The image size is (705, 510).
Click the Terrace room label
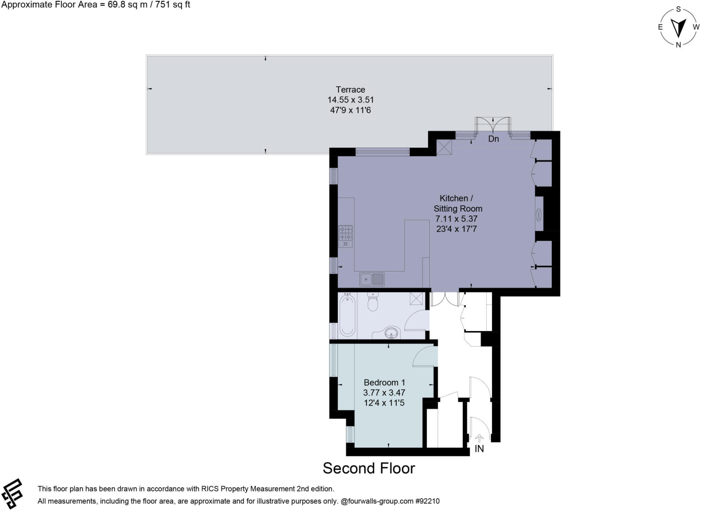[x=350, y=89]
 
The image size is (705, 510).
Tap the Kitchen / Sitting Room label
[x=457, y=203]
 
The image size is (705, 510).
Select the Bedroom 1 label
[x=384, y=382]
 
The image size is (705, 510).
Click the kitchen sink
[x=372, y=279]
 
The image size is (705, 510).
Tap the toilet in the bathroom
[x=373, y=301]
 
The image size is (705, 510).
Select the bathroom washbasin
[x=392, y=332]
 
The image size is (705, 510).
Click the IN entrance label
[x=479, y=449]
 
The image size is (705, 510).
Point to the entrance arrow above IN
[x=479, y=438]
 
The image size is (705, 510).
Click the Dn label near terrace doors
[x=493, y=139]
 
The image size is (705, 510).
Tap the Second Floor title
[x=369, y=468]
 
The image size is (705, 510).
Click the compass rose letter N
[x=678, y=45]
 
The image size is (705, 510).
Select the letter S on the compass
[x=678, y=9]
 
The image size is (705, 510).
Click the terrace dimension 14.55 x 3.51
[x=351, y=100]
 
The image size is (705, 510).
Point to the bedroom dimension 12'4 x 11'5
[x=384, y=403]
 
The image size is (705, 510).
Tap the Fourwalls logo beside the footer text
[x=13, y=494]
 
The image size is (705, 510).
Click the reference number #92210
[x=427, y=501]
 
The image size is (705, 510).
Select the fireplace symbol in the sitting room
[x=539, y=214]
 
